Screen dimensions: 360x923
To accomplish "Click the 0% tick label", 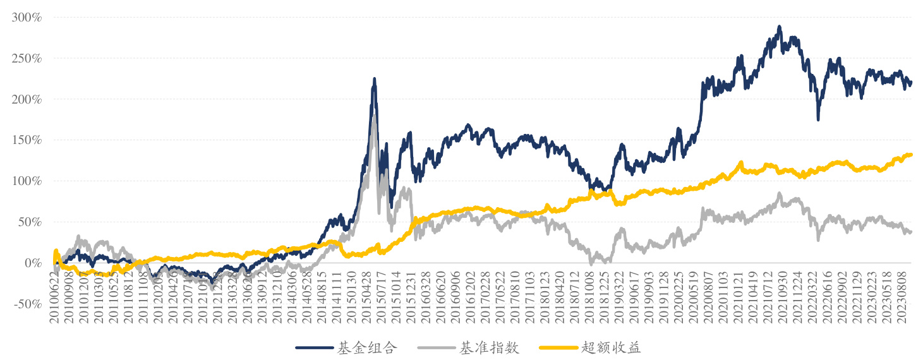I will point(32,263).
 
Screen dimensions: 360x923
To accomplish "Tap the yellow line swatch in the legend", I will point(557,347).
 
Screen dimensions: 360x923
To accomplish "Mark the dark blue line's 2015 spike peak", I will point(374,80).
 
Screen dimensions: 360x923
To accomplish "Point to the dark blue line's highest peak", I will point(780,27).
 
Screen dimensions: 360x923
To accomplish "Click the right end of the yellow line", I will point(911,154).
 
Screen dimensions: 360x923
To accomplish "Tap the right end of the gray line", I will point(911,232).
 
